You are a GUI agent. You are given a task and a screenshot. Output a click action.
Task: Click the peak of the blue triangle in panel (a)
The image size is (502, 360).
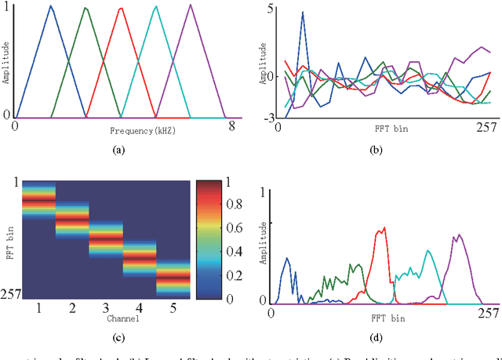pyautogui.click(x=50, y=6)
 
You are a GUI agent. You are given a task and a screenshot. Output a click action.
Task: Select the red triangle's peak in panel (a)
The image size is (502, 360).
pyautogui.click(x=121, y=9)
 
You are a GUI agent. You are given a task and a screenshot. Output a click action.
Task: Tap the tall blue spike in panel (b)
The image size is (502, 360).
pyautogui.click(x=303, y=13)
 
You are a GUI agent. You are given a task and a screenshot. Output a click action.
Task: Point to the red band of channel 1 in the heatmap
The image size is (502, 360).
pyautogui.click(x=38, y=201)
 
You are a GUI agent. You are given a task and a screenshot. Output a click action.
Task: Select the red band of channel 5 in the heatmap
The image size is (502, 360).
pyautogui.click(x=174, y=277)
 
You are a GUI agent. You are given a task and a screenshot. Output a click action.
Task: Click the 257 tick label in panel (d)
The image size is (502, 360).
pyautogui.click(x=486, y=313)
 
